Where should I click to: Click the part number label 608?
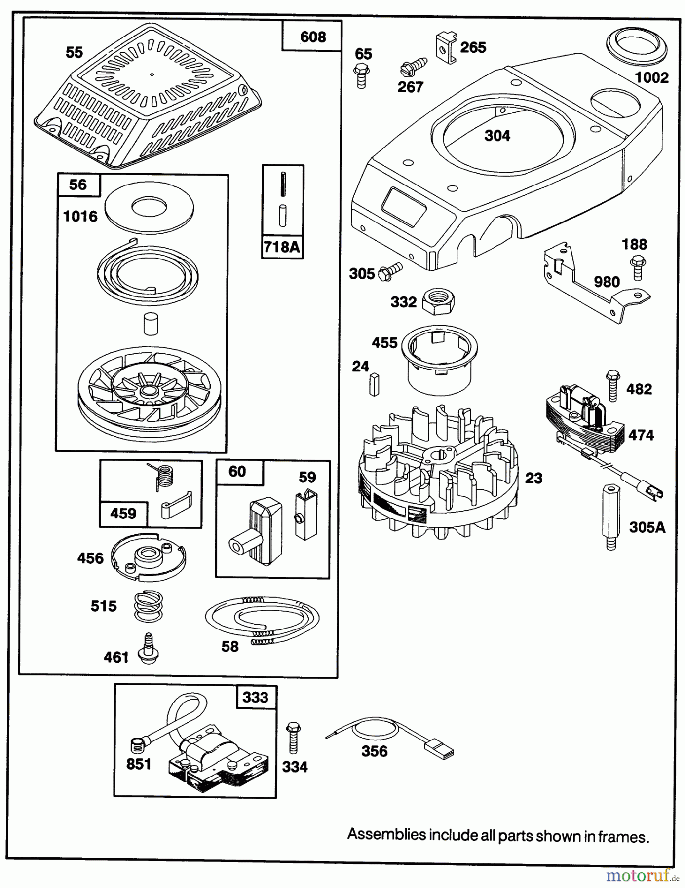click(312, 37)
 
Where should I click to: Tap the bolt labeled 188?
click(638, 267)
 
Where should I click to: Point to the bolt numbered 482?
click(612, 385)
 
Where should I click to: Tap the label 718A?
click(282, 246)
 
